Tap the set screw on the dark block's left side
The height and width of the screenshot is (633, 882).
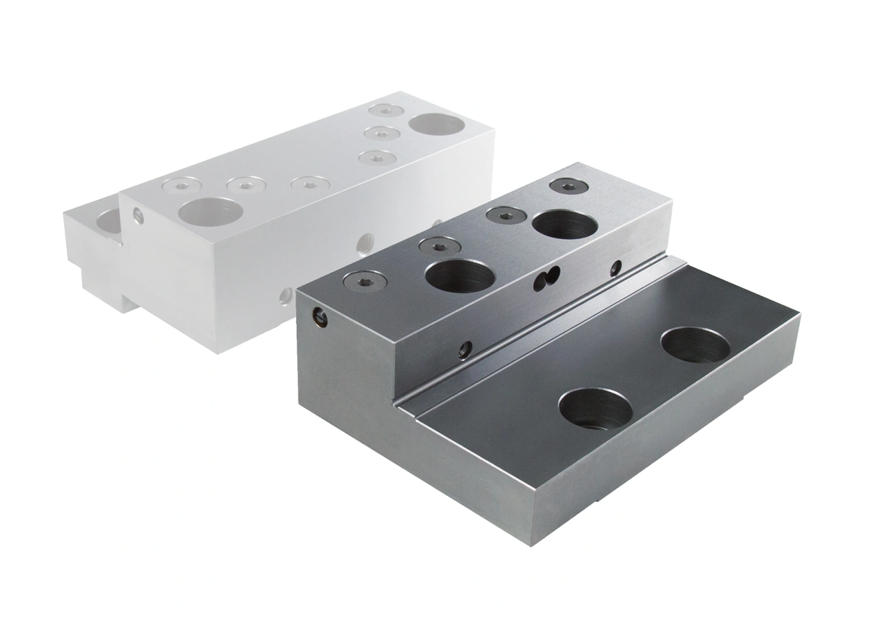click(318, 317)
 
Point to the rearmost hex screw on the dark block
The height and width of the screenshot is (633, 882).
click(567, 185)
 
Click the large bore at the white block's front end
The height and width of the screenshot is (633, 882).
click(210, 211)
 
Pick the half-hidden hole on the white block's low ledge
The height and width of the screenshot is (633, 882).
click(107, 220)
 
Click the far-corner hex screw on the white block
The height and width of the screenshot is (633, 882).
click(385, 110)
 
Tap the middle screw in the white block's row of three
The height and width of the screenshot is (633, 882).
click(246, 184)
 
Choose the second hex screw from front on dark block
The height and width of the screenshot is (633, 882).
click(439, 244)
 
